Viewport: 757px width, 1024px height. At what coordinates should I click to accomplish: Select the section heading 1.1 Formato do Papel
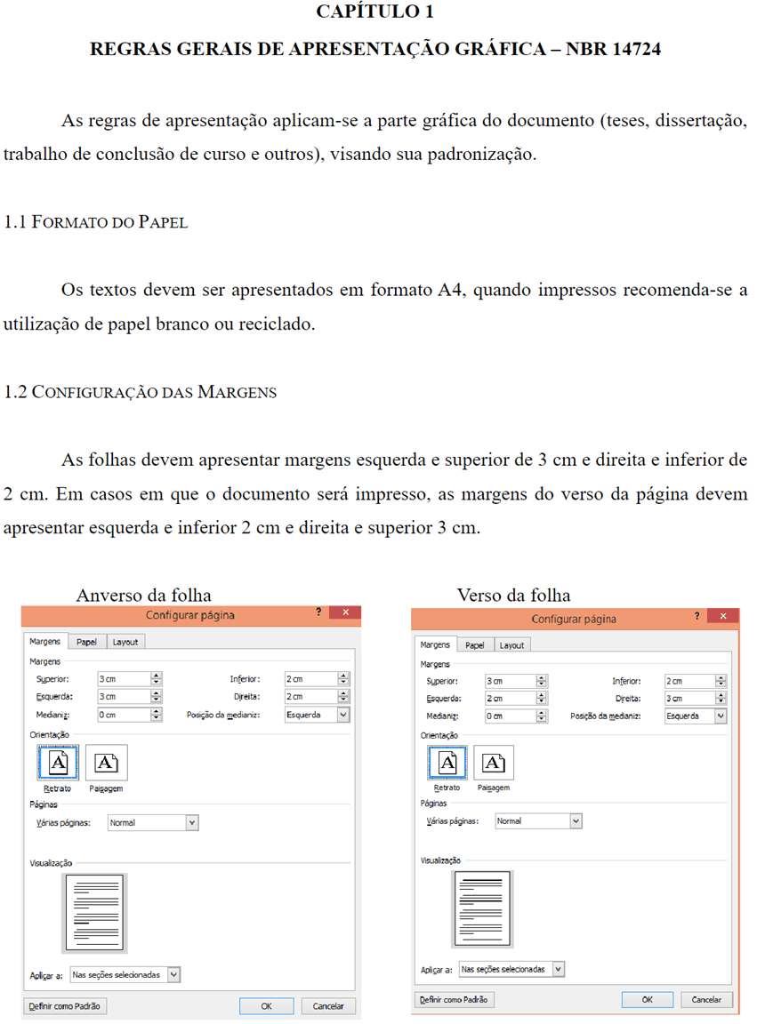[96, 222]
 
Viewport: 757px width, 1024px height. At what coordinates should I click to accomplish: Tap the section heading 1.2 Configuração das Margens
[141, 392]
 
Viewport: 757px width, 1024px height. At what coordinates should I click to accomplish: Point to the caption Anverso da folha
[143, 595]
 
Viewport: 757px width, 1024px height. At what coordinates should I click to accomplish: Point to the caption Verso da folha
[513, 595]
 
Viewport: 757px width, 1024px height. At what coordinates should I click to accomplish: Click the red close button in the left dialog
[345, 612]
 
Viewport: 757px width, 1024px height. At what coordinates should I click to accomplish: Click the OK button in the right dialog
[647, 999]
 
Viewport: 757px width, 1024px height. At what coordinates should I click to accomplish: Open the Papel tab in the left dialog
[86, 642]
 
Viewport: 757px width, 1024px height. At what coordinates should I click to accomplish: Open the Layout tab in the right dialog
[511, 645]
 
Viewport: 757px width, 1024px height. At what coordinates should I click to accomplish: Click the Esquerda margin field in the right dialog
[510, 699]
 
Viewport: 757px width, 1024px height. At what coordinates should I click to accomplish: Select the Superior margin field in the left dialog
[123, 679]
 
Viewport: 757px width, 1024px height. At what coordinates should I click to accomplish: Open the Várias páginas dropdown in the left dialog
[152, 823]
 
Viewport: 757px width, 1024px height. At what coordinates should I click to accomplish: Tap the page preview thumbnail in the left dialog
[94, 912]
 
